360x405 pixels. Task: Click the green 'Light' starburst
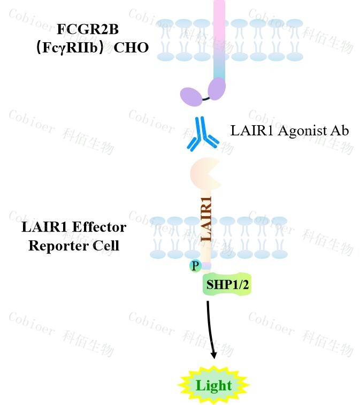tap(213, 386)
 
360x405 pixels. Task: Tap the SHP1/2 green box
tap(227, 285)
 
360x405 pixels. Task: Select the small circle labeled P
tap(195, 265)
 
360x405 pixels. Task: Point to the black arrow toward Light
tap(210, 326)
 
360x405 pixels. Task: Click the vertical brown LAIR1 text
tap(206, 219)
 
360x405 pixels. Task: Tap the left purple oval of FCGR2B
tap(192, 97)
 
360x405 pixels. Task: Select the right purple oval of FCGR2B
tap(217, 88)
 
